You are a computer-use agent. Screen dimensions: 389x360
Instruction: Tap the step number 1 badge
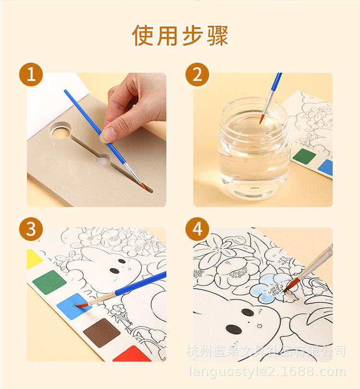click(31, 75)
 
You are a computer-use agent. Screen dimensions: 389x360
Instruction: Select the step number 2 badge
click(197, 75)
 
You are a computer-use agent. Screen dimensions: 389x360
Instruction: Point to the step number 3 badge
click(31, 230)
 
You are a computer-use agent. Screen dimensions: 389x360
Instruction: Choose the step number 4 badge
click(197, 230)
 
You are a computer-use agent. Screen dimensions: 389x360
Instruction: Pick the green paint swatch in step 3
click(49, 281)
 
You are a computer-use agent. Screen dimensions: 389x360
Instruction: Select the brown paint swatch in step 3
click(101, 332)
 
